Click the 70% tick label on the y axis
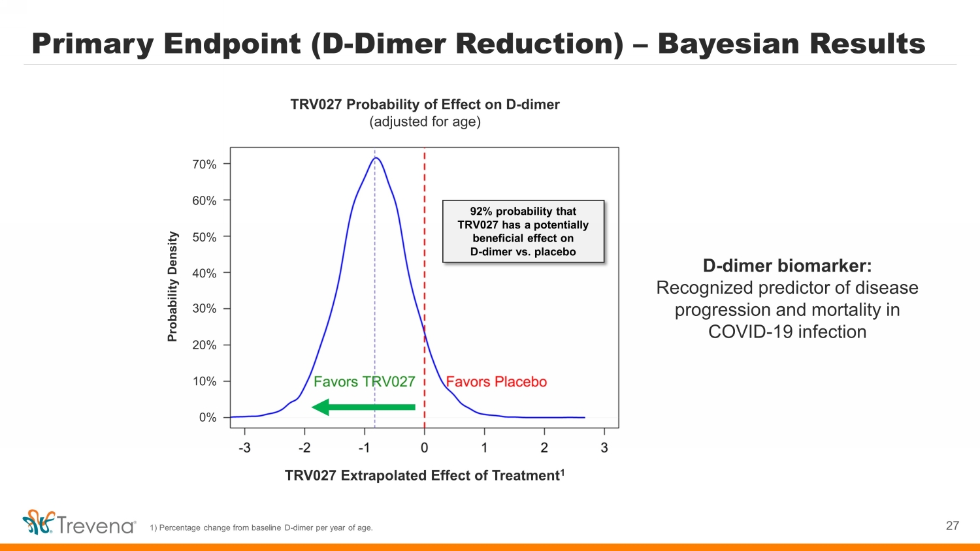click(x=204, y=165)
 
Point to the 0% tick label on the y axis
click(x=208, y=418)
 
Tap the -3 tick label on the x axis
click(x=244, y=448)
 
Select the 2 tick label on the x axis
click(x=544, y=448)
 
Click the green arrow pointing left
click(x=363, y=407)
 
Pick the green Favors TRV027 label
click(x=365, y=382)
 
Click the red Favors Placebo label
click(x=497, y=382)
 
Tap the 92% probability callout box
click(x=523, y=231)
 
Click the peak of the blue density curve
click(x=376, y=158)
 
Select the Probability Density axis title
click(x=173, y=287)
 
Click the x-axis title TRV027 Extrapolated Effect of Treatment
click(x=425, y=475)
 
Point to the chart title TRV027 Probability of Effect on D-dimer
click(x=425, y=104)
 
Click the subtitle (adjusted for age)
click(x=425, y=121)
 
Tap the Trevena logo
click(x=79, y=522)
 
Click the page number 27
click(x=953, y=526)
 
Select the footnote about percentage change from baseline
click(x=261, y=527)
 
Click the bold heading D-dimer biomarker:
click(x=787, y=266)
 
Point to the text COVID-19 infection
click(x=787, y=332)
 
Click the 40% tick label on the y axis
click(x=204, y=274)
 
